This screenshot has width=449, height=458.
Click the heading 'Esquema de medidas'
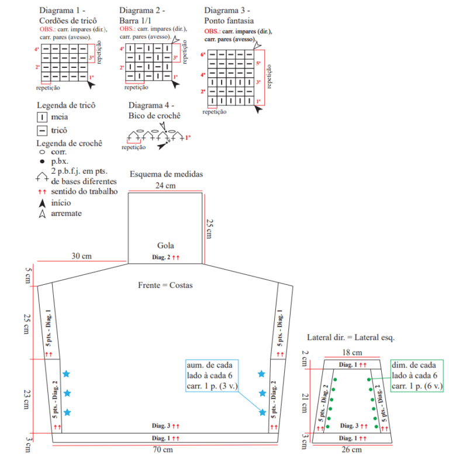point(166,174)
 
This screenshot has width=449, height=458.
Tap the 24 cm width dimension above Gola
point(165,185)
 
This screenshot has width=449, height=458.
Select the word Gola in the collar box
point(165,245)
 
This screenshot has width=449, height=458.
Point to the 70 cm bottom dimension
point(163,449)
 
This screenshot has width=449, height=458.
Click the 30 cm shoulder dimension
point(81,256)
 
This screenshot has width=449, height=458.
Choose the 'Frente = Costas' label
point(165,285)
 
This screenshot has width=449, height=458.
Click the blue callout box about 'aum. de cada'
point(212,376)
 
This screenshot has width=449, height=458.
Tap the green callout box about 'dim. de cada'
point(417,376)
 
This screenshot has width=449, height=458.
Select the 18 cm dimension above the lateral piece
point(352,353)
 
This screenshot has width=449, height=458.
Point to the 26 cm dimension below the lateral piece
point(351,450)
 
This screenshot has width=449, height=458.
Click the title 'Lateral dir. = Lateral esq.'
point(351,338)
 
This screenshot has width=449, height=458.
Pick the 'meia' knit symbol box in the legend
point(42,117)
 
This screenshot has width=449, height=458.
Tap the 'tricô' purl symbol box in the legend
point(42,130)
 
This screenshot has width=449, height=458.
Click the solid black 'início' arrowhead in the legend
point(42,203)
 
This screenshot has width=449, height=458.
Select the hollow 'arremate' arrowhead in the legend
point(42,214)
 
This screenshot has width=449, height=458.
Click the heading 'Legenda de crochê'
point(69,143)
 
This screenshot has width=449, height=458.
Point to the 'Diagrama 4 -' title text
point(151,105)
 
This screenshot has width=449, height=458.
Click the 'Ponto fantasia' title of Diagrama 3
point(229,20)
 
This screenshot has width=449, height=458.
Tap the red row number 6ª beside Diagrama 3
point(203,54)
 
